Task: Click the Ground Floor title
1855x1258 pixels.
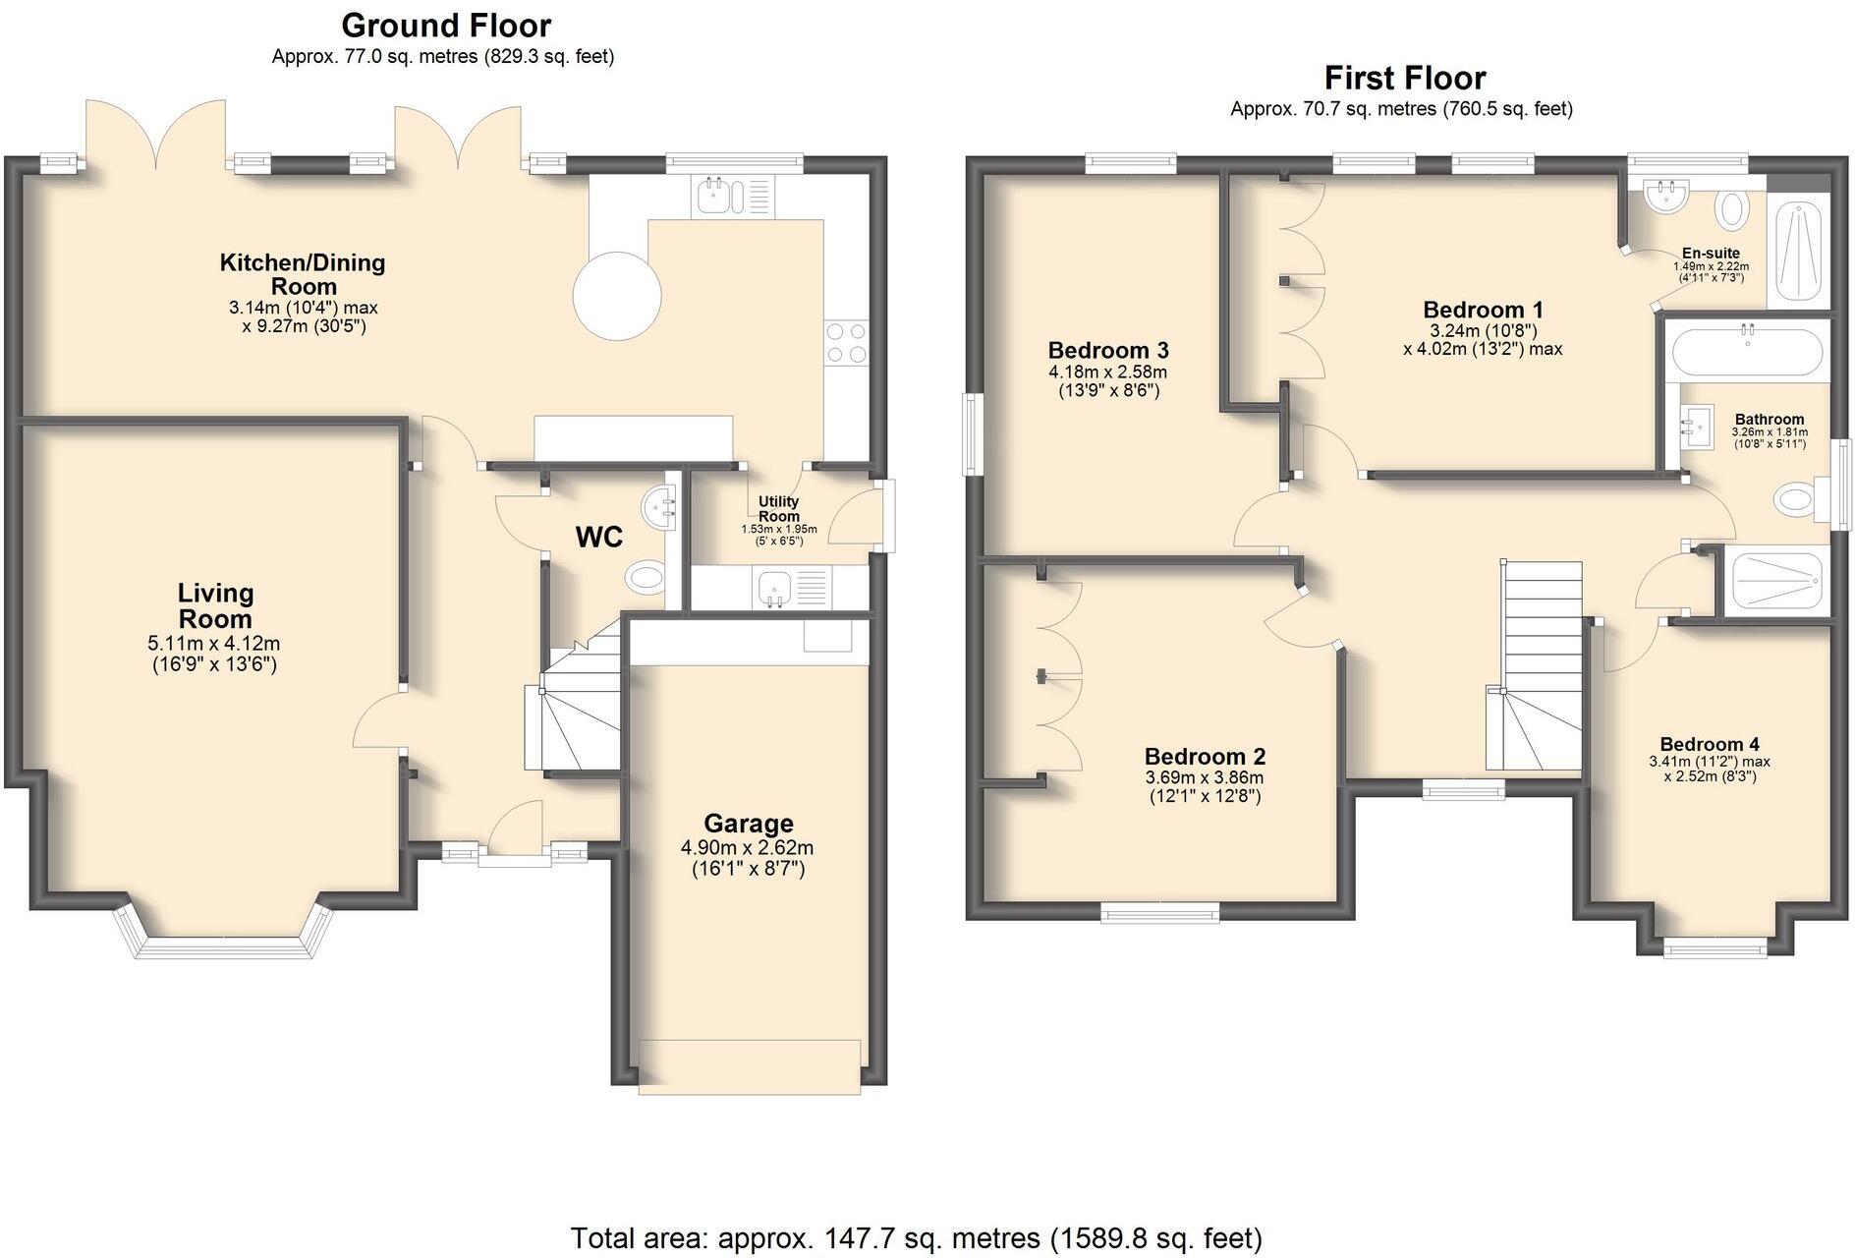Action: click(446, 25)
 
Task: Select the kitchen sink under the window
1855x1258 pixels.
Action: click(712, 198)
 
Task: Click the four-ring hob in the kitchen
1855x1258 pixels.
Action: click(847, 343)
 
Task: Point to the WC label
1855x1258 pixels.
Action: click(598, 537)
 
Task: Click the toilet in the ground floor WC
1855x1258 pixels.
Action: click(646, 576)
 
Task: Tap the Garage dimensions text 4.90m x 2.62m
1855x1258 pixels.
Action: click(747, 848)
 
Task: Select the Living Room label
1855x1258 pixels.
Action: click(215, 605)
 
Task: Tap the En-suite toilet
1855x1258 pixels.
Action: click(1732, 209)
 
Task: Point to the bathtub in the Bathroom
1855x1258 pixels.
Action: click(1746, 351)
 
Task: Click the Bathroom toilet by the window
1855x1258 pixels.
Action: click(1796, 499)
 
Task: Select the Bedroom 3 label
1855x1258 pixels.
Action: click(1107, 351)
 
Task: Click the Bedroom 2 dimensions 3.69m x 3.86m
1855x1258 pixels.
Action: click(1205, 777)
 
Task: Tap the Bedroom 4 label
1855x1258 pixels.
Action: click(1709, 744)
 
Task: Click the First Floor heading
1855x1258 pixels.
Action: click(1404, 78)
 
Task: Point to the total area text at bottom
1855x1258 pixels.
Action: click(916, 1237)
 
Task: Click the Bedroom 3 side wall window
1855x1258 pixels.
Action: click(974, 433)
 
